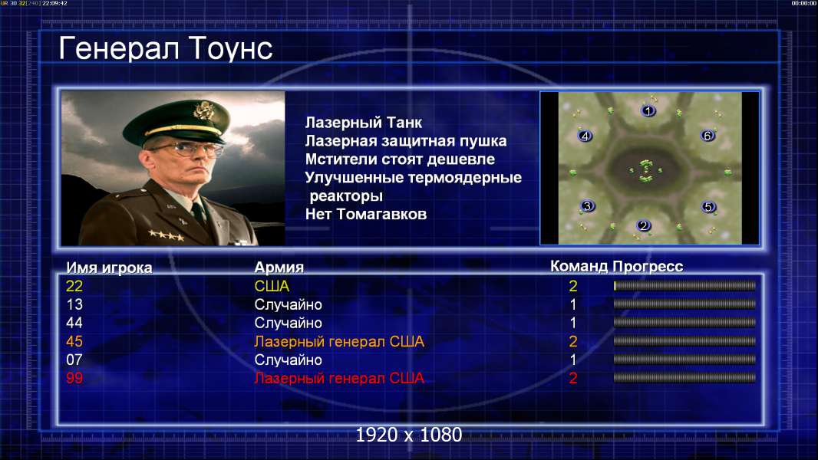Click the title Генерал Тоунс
point(166,48)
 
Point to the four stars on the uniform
point(166,235)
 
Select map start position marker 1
point(648,110)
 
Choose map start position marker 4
point(585,136)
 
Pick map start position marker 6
point(708,136)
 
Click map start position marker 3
point(588,206)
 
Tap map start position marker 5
point(708,207)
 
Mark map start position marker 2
point(644,225)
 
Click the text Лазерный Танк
point(364,123)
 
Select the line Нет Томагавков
point(366,214)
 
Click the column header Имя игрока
point(109,268)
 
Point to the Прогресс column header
point(648,267)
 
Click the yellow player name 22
point(74,286)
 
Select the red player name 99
point(74,378)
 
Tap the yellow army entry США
point(272,286)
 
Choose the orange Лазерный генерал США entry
point(339,342)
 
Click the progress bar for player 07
point(684,360)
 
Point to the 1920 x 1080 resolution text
point(409,435)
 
